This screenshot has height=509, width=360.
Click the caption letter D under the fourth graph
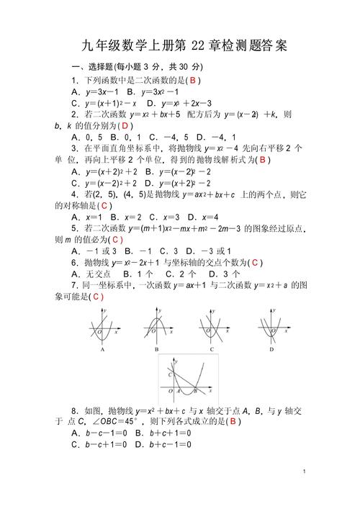click(271, 349)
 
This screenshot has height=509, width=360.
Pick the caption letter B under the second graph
click(156, 350)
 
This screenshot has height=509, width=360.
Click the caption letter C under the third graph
click(212, 349)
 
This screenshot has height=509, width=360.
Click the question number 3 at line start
click(75, 148)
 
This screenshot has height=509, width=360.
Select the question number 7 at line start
click(75, 285)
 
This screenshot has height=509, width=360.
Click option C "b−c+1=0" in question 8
click(99, 444)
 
